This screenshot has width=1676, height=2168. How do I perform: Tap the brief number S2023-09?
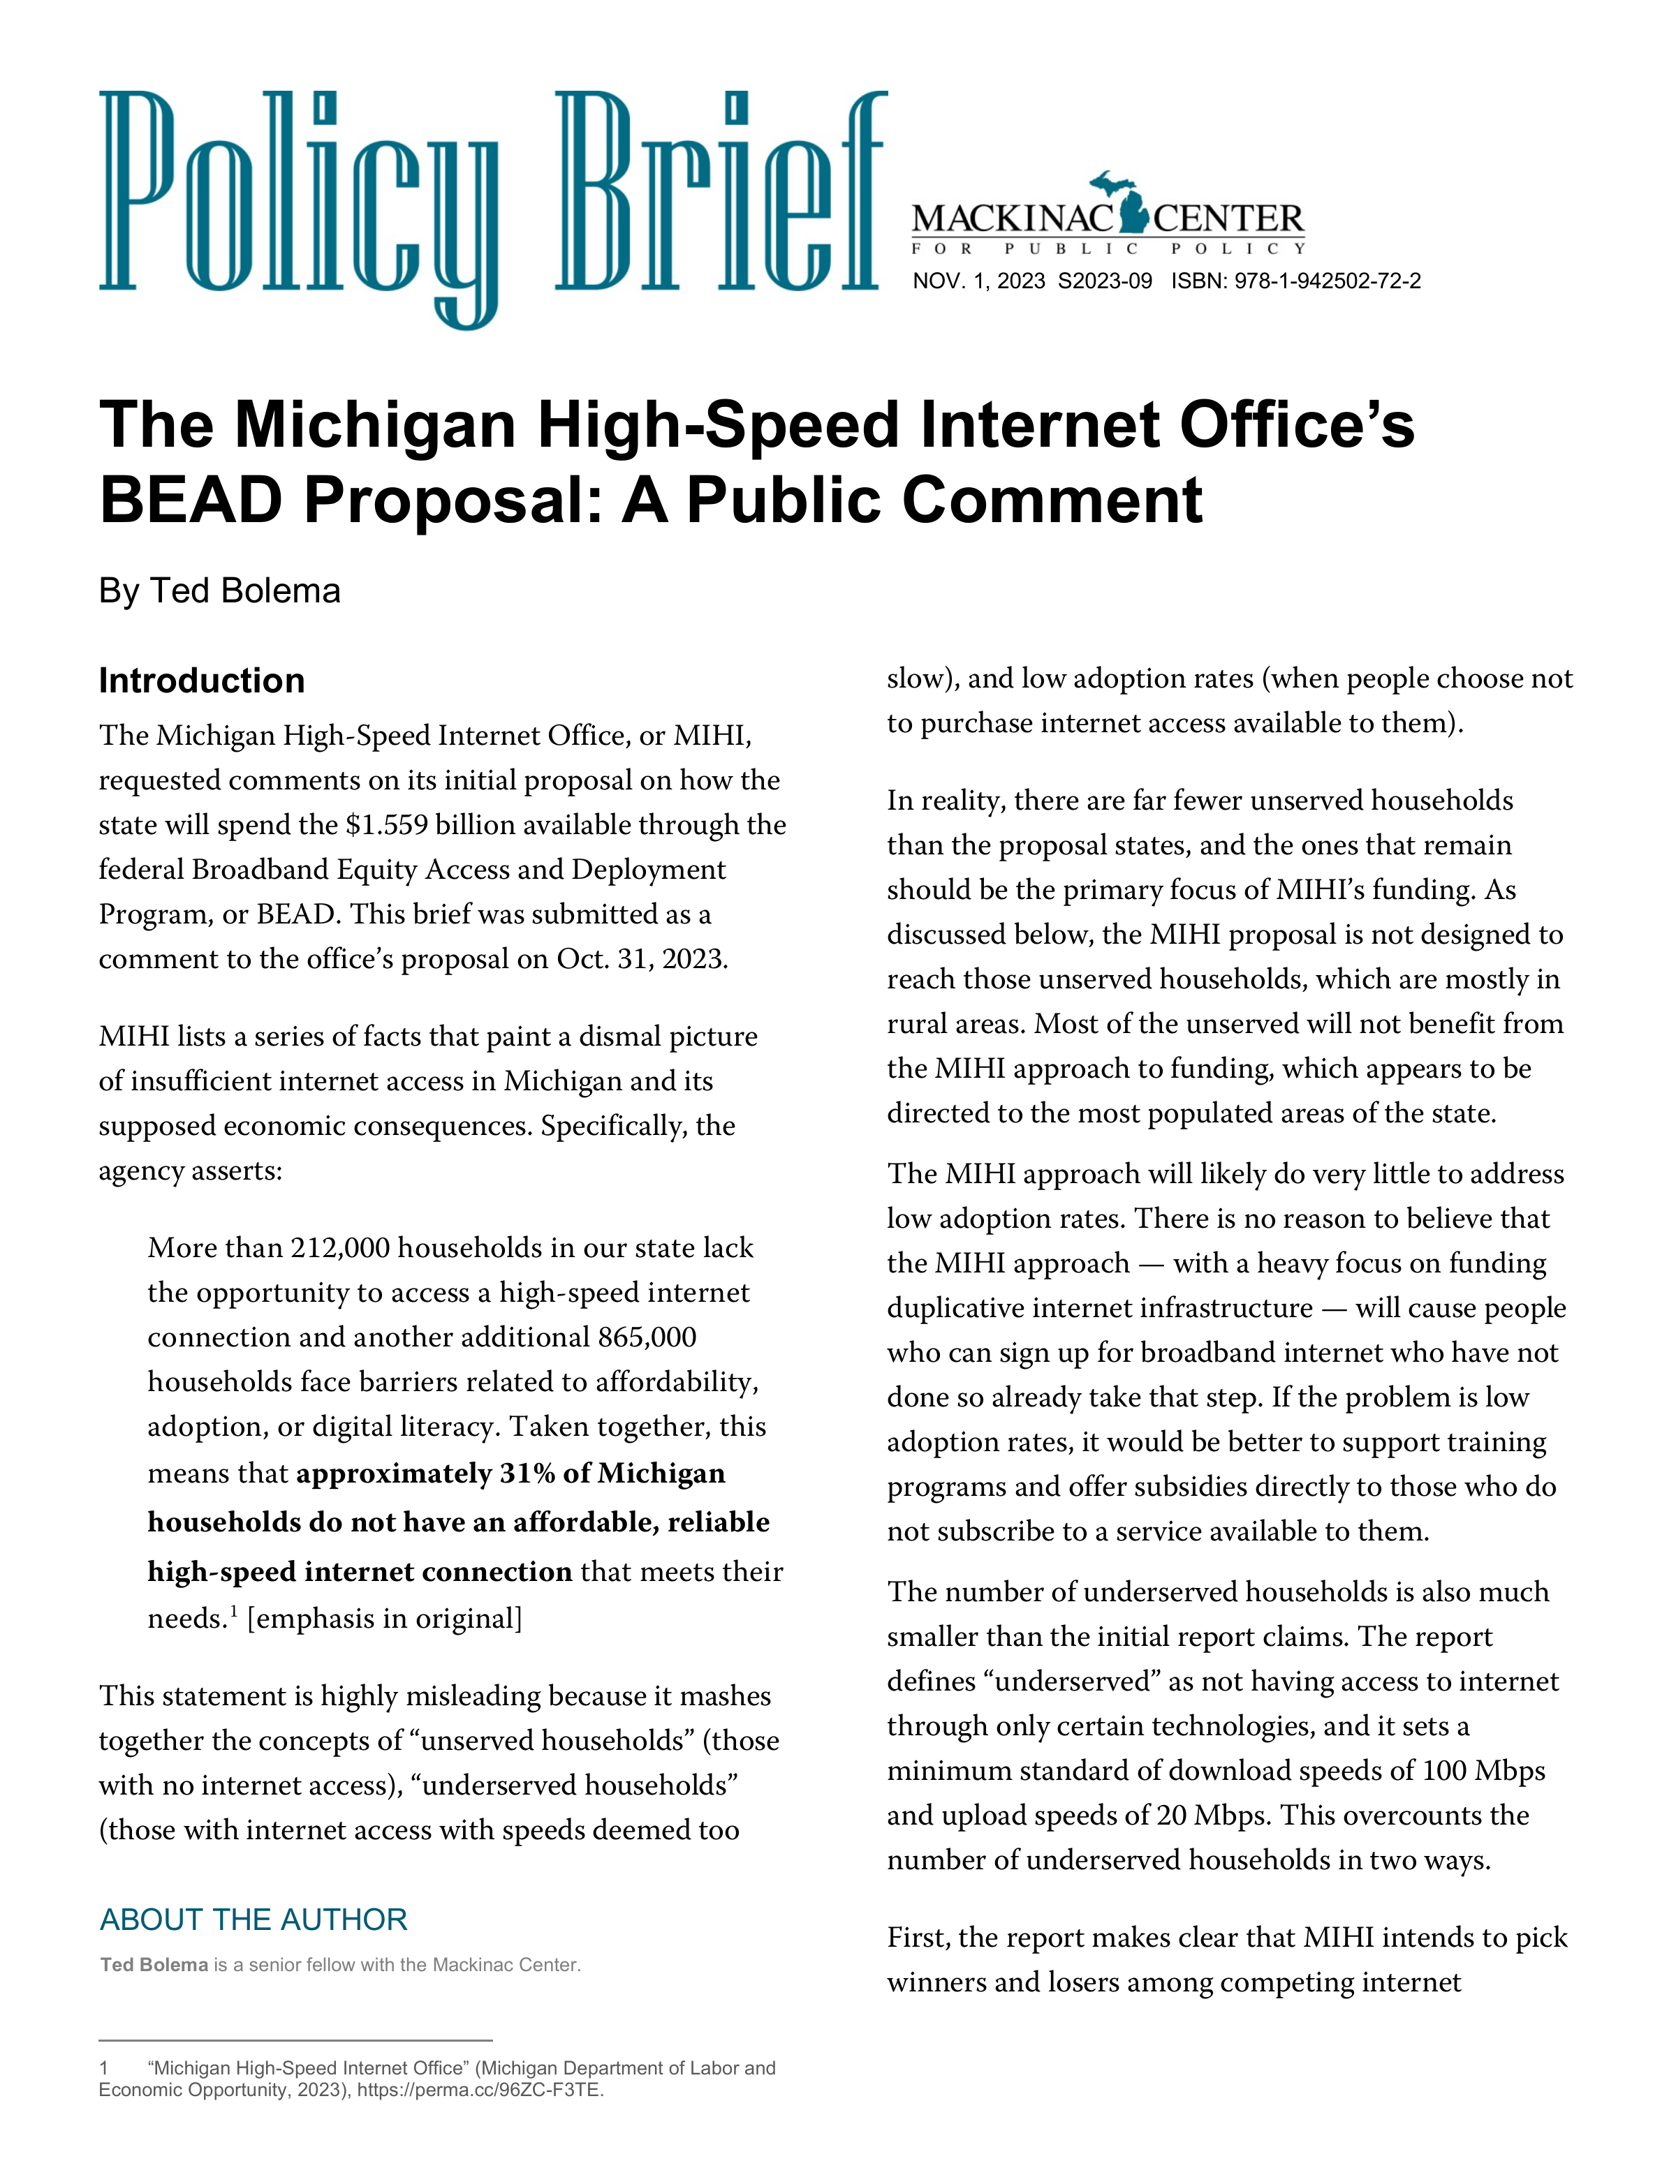click(x=1104, y=281)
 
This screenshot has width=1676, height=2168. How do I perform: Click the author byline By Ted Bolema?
click(x=219, y=591)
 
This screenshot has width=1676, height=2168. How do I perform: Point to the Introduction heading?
click(x=202, y=681)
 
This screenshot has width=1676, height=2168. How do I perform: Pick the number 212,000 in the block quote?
click(x=337, y=1248)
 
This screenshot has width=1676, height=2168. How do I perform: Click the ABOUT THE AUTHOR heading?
click(x=253, y=1920)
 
